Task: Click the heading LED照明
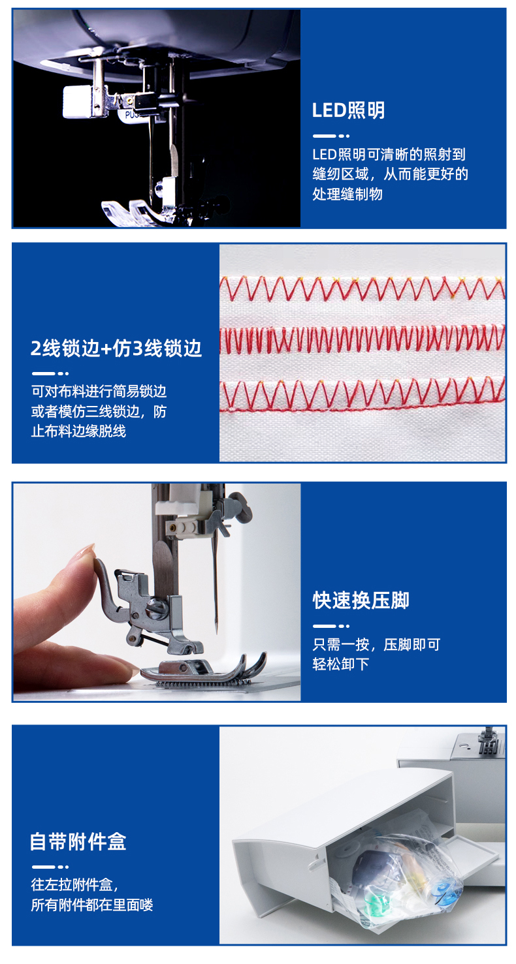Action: click(348, 110)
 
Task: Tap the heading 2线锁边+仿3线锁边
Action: click(116, 348)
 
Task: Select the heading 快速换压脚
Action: click(361, 600)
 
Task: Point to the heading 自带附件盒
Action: click(78, 841)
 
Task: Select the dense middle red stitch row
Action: click(362, 338)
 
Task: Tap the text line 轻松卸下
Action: click(341, 664)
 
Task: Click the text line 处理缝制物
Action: click(347, 194)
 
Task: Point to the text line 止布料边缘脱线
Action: click(78, 431)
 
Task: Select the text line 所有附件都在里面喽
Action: click(91, 905)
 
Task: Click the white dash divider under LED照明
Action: click(331, 136)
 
